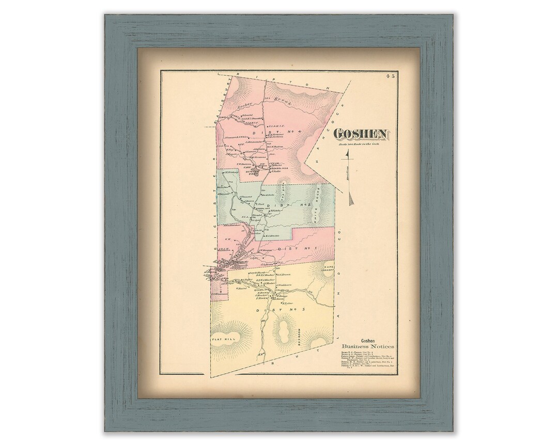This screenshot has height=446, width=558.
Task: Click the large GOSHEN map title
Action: [361, 134]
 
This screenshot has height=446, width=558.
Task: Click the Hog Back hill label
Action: [283, 193]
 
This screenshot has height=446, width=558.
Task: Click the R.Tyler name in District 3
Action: [287, 304]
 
